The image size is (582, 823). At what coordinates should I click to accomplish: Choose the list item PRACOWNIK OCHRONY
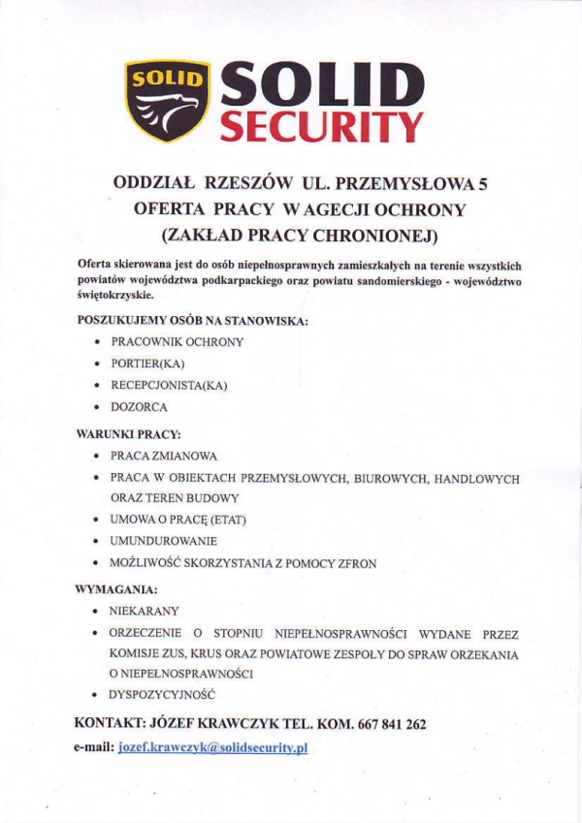pos(178,342)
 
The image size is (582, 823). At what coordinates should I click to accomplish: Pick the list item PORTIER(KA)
pos(147,364)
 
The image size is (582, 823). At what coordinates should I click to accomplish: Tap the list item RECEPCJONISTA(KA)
pos(169,385)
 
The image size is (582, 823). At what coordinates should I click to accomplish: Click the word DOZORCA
pos(139,407)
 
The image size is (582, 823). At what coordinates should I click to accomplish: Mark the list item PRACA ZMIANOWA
pos(164,456)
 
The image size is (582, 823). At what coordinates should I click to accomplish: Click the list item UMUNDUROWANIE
pos(164,541)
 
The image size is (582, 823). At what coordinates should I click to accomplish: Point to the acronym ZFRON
pos(358,563)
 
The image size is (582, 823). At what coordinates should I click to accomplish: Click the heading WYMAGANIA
pos(116,588)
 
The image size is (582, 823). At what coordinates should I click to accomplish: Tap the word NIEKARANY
pos(145,612)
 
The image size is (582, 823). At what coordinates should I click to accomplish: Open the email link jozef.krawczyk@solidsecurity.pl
pos(212,749)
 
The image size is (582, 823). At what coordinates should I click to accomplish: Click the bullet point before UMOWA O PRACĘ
pos(96,521)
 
